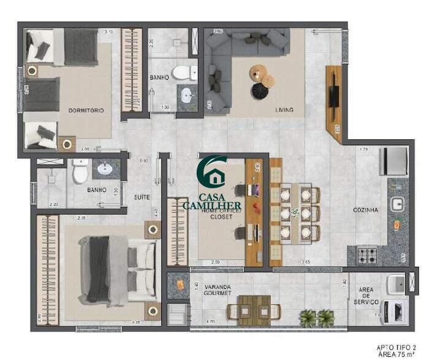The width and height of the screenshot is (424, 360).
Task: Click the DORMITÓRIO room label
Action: coord(86,110)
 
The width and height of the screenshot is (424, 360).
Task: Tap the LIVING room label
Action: coord(284,110)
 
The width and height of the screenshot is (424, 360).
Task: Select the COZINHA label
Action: coord(365,210)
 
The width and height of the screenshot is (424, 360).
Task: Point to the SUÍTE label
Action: coord(143,197)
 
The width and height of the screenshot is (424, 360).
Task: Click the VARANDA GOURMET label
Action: coord(218,289)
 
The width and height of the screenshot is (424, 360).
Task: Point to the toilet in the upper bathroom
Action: coord(181,73)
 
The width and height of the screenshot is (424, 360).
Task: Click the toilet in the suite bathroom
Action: coord(80,172)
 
